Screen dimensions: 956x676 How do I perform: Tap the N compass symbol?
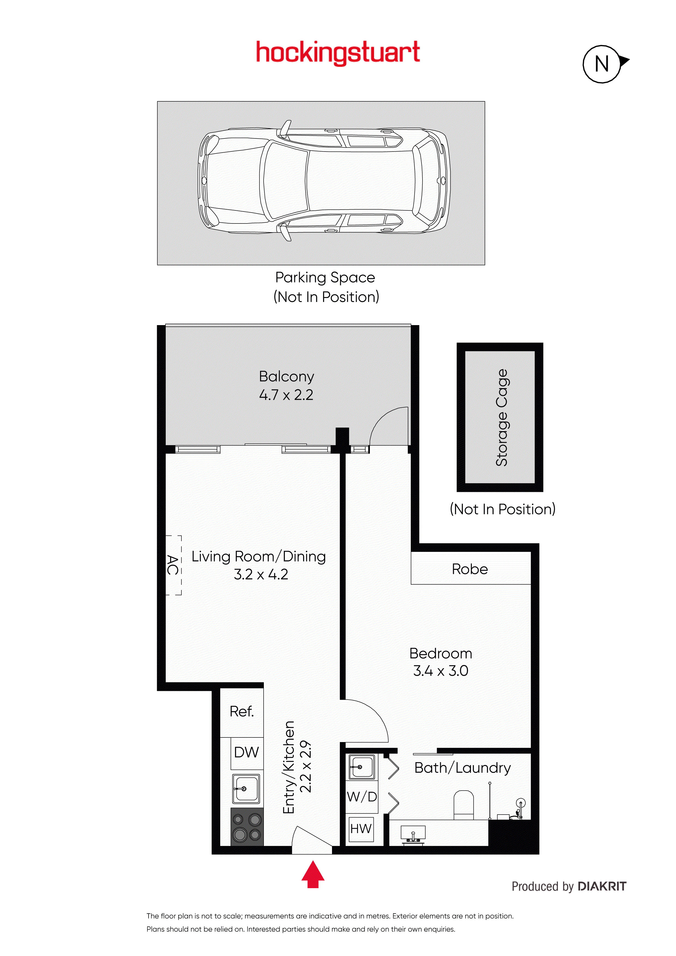coord(602,64)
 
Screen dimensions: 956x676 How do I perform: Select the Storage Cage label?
coord(502,417)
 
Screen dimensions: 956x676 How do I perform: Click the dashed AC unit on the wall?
coord(174,565)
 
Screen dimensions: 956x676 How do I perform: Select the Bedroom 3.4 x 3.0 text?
coord(441,662)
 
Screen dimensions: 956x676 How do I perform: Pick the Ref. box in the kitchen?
coord(242,712)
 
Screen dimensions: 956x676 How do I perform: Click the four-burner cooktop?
coord(247,827)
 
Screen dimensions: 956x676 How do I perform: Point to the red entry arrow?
coord(313,875)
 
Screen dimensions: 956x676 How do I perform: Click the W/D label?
coord(361,797)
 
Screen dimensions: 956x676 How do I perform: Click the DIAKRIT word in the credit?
coord(602,887)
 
